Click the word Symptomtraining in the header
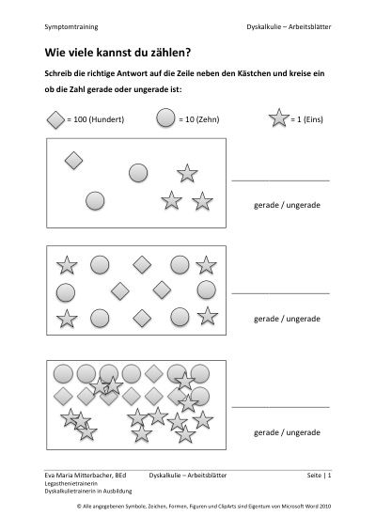71,27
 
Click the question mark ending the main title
188,53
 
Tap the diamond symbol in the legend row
55,119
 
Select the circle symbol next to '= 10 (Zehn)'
165,117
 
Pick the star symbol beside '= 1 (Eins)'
279,117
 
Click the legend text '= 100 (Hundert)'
96,119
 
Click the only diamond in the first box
73,160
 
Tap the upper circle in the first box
138,173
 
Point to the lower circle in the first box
95,200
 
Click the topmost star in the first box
187,173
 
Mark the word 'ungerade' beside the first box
303,205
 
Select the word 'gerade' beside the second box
266,319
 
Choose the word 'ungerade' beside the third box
303,432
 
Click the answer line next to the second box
281,293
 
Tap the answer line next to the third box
281,407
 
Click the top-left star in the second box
67,265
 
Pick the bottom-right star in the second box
208,316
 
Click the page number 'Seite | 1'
319,476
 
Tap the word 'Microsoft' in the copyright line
294,507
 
